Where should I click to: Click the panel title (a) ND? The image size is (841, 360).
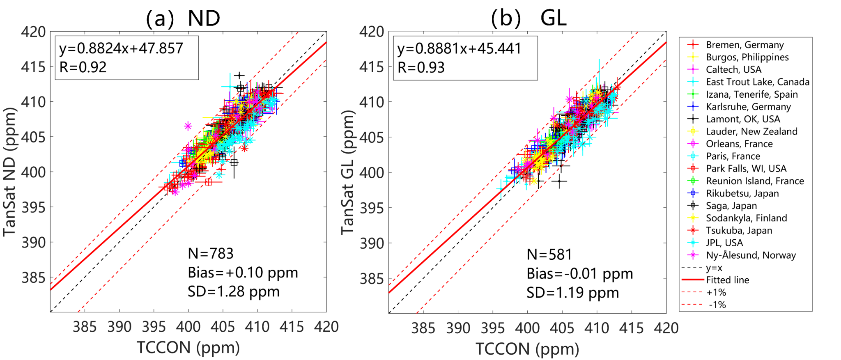coord(183,18)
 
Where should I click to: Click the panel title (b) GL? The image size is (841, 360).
coord(529,18)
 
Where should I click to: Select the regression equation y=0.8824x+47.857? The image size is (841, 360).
coord(121,48)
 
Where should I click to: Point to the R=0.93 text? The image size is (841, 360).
coord(421,67)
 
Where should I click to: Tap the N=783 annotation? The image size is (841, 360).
coord(211,254)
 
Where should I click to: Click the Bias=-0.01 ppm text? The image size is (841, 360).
coord(580,273)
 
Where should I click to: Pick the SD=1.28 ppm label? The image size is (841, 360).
coord(234,291)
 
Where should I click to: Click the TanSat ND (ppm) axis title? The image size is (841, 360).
coord(10,172)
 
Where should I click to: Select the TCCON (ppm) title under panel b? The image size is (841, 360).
coord(527,349)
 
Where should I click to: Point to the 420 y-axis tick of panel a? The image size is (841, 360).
coord(33,32)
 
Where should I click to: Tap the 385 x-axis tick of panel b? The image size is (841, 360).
coord(423,328)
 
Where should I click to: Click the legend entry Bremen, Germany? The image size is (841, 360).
coord(744,45)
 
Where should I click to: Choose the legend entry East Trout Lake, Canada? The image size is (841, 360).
coord(757,82)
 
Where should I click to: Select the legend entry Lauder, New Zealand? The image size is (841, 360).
coord(751,131)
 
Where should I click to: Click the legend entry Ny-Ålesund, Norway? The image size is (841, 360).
coord(751,255)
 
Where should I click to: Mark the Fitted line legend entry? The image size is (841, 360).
coord(727,280)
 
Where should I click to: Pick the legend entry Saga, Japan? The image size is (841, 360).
coord(731,206)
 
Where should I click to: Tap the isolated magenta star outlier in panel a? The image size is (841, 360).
coord(188,126)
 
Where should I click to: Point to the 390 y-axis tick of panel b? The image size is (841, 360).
coord(372,243)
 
